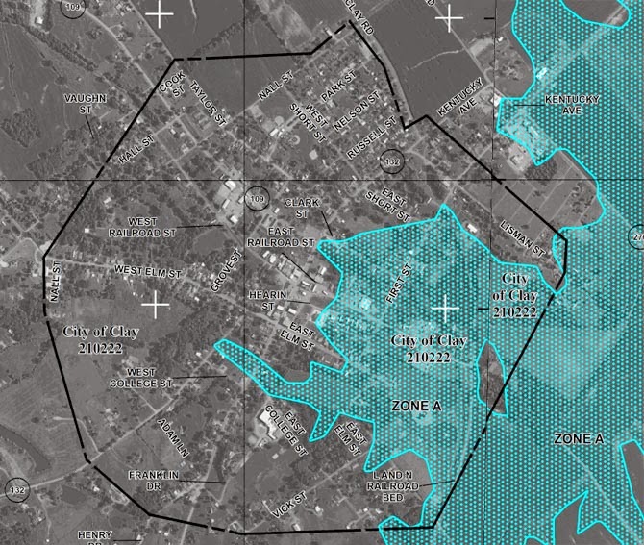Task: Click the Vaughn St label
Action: [85, 104]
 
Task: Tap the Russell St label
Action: [371, 136]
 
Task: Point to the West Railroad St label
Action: [144, 227]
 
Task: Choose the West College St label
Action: [148, 377]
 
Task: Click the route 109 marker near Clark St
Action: [257, 198]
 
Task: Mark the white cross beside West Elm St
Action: [155, 304]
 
